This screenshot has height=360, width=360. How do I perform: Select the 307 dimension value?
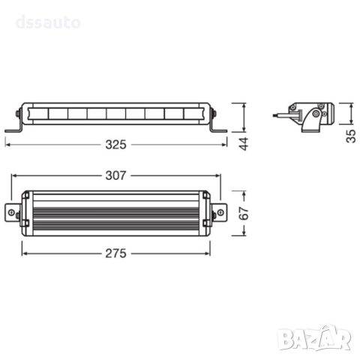[116, 176]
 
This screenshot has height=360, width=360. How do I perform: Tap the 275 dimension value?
[116, 253]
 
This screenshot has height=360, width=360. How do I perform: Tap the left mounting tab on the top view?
[16, 213]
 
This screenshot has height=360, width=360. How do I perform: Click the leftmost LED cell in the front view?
[37, 115]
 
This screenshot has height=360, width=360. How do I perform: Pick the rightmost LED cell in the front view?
[192, 115]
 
